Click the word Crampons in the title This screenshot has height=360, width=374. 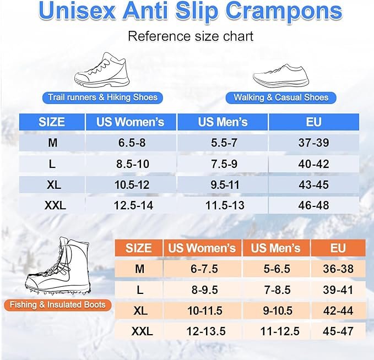point(284,13)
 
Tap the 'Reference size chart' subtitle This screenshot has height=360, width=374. point(191,36)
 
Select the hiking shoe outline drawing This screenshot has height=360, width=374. point(102,70)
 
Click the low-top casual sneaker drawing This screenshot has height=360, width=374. point(281,76)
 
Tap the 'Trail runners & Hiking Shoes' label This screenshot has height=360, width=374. point(102,97)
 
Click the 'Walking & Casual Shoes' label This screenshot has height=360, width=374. point(281,98)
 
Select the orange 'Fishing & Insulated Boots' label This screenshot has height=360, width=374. point(57,305)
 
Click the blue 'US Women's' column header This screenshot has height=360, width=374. point(130,122)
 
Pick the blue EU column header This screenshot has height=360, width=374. point(313,122)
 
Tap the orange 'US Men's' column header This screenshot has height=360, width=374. point(276,248)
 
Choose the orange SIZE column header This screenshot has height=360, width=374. point(139,248)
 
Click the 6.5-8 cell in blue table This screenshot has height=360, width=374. point(132,143)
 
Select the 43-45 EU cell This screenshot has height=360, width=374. point(313,185)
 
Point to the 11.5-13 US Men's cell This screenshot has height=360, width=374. point(225,205)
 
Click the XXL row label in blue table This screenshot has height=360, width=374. point(55,205)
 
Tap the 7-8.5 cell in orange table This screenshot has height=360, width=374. point(277,290)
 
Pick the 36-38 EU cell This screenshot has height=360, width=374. point(338,269)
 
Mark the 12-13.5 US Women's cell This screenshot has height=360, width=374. point(206,331)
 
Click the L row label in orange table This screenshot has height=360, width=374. point(140,290)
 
